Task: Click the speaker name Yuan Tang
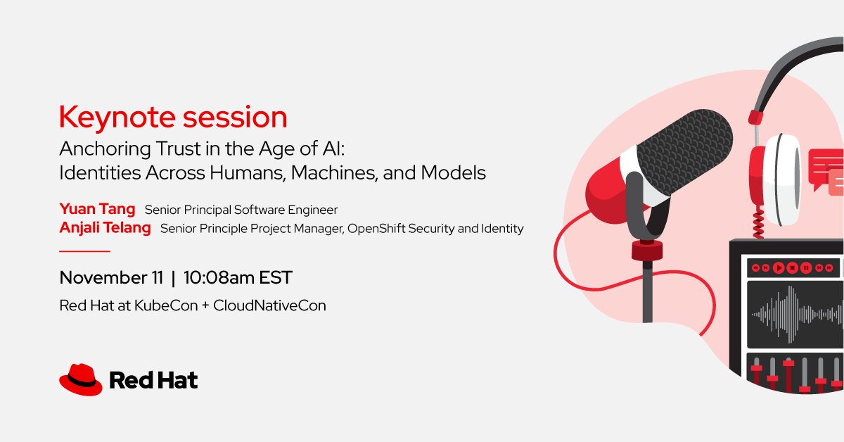click(97, 209)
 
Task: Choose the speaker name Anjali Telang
click(105, 228)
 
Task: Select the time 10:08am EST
click(237, 278)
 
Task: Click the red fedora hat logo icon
click(80, 380)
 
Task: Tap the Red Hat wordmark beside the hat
click(153, 381)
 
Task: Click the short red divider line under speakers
click(84, 251)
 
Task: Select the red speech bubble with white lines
click(825, 165)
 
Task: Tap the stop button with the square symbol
click(793, 267)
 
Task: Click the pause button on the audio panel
click(806, 267)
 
